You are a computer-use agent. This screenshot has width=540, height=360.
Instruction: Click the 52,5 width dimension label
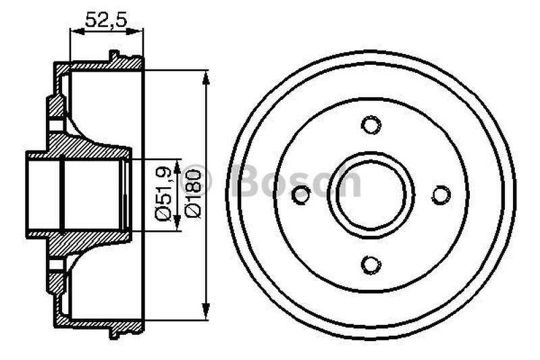[107, 20]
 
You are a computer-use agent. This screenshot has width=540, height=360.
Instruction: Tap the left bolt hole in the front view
[302, 195]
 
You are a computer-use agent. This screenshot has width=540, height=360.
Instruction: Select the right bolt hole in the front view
[441, 195]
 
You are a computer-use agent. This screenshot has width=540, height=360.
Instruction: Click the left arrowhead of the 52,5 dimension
[75, 30]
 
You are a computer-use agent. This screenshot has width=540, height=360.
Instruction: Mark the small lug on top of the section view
[114, 55]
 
